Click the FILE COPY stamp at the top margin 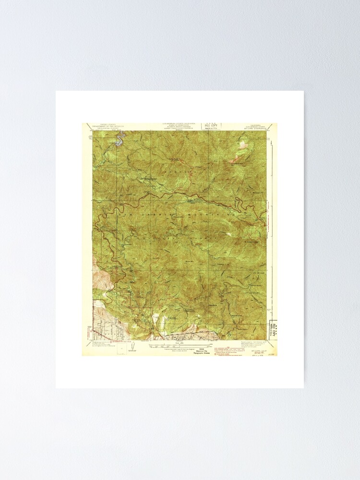(x=211, y=126)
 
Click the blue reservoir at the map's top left (x=119, y=139)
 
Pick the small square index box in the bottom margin (x=121, y=349)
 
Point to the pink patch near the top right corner (x=236, y=157)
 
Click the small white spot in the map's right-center (x=228, y=234)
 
